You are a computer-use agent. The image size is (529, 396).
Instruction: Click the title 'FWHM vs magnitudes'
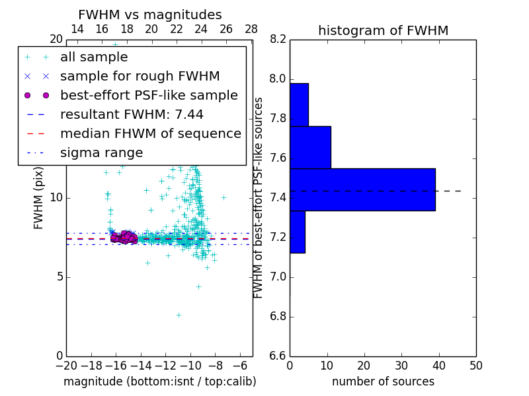tap(149, 15)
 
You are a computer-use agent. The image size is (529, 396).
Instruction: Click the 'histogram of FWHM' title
tap(383, 30)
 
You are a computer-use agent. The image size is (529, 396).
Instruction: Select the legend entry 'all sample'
tap(94, 57)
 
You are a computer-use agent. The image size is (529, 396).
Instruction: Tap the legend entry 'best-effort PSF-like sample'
tap(149, 96)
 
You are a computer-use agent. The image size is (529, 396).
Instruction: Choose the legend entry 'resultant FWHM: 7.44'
tap(132, 115)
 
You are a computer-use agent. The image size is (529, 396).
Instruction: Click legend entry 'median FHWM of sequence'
tap(151, 134)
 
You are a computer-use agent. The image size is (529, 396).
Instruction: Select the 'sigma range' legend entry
tap(101, 153)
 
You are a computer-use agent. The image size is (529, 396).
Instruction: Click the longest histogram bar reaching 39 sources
tap(362, 189)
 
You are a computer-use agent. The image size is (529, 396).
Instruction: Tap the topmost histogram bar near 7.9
tap(299, 104)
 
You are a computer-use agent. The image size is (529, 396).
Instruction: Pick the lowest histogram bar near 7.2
tap(297, 232)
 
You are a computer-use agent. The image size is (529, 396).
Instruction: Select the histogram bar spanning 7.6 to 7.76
tap(310, 147)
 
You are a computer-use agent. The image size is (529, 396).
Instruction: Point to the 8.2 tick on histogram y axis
tap(278, 40)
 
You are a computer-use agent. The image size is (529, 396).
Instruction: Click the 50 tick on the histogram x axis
tap(475, 365)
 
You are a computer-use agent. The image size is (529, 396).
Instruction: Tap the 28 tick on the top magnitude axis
tap(251, 29)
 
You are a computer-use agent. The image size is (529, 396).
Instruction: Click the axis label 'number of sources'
tap(383, 381)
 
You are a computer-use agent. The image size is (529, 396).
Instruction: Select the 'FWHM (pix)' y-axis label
tap(39, 198)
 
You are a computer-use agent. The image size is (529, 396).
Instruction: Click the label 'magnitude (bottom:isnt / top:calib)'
tap(159, 381)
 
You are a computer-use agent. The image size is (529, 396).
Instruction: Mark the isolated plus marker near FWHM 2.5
tap(179, 315)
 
